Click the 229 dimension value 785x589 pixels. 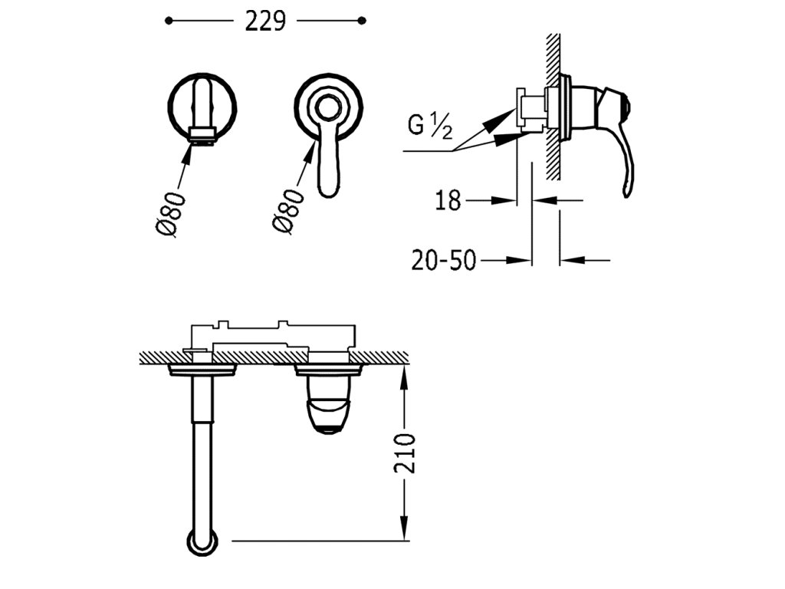coord(265,21)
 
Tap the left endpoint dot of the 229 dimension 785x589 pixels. coord(169,21)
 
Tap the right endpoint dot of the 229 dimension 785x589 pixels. coord(363,21)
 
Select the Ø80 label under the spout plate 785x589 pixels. coord(171,214)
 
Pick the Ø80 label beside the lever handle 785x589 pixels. coord(288,210)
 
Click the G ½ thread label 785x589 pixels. coord(430,125)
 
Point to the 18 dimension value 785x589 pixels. coord(448,201)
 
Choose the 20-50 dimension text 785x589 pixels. coord(443,261)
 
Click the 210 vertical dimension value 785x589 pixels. coord(405,453)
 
